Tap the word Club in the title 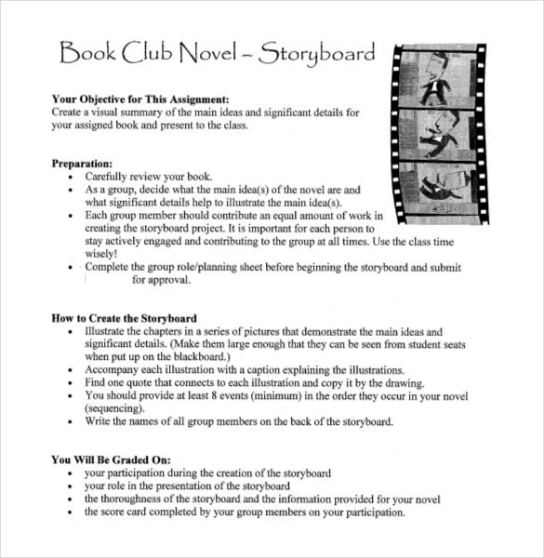coord(144,52)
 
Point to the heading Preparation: coord(82,163)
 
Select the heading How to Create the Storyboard coord(124,318)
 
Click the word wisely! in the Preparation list coord(101,253)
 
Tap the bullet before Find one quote coord(73,383)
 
